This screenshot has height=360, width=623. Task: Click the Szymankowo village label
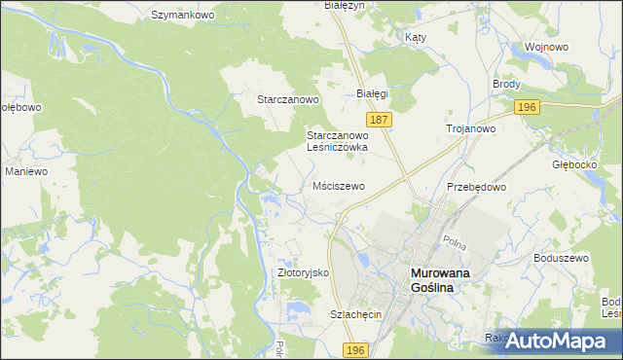coord(183,16)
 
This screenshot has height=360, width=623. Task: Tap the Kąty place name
coord(415,37)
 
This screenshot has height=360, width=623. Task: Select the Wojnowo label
coord(546,47)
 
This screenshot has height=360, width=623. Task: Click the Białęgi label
coord(373,93)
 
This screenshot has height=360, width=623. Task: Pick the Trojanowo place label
coord(471,128)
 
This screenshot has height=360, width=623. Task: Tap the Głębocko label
coord(572,164)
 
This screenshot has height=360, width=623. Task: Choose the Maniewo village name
coord(26,171)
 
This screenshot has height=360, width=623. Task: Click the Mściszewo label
coord(338,186)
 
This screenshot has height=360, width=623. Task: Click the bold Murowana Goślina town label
coord(439,281)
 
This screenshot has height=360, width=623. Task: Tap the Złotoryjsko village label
coord(304,273)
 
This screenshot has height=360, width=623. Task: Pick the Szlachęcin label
coord(354,315)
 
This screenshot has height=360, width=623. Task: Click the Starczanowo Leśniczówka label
coord(337,141)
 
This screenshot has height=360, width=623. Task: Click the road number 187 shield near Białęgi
coord(381,119)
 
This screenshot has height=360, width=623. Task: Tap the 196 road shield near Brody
coord(527,107)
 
